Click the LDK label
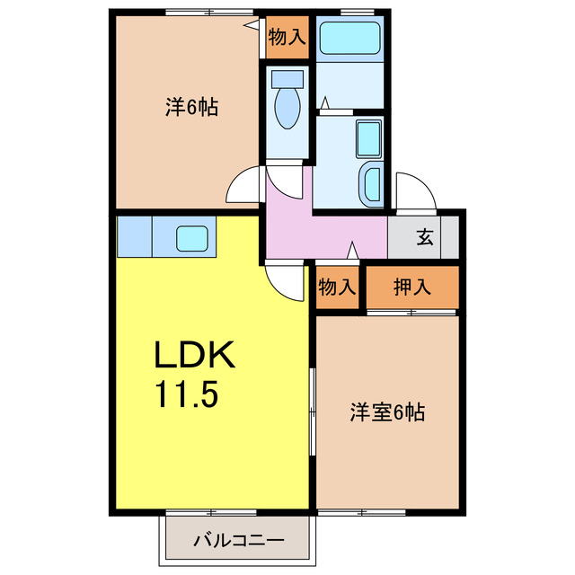[194, 358]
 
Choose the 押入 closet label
[412, 287]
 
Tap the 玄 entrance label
[424, 238]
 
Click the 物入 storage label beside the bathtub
[287, 39]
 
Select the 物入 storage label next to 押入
[337, 287]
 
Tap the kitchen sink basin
[191, 238]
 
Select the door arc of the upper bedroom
[243, 188]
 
